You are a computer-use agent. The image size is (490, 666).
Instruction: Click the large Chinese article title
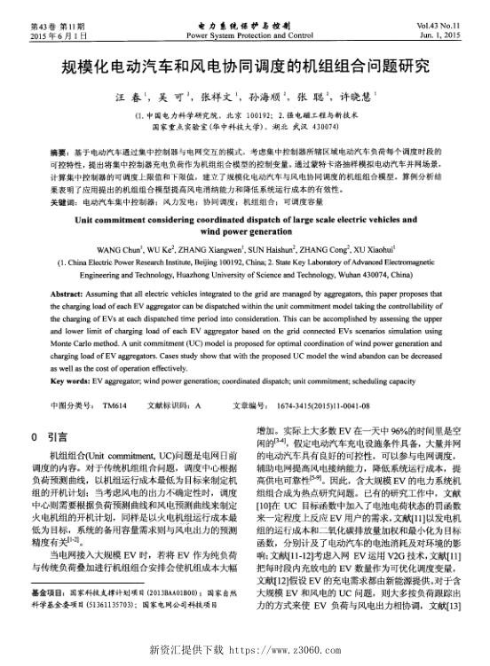tap(245, 66)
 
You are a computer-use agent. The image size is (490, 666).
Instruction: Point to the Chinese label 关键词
tap(62, 203)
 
